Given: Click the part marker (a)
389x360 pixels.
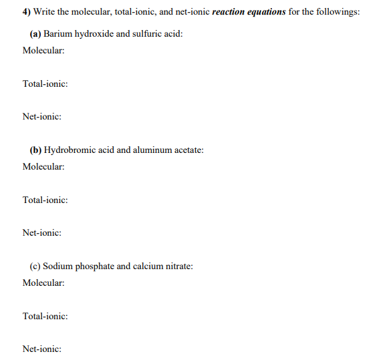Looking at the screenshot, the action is [x=35, y=33].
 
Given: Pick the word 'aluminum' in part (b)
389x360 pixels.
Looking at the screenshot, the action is [x=144, y=150].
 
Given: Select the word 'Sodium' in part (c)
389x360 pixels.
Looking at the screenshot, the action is [x=57, y=266].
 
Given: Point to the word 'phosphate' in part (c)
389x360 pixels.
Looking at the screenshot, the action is [x=94, y=266].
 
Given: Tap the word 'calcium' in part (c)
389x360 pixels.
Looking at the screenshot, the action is [x=148, y=266].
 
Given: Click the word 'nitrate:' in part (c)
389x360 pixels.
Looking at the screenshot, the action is [x=179, y=266].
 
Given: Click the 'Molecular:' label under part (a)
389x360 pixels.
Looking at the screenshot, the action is [x=43, y=50].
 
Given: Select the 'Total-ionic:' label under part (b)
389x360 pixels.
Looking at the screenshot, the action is [x=45, y=200].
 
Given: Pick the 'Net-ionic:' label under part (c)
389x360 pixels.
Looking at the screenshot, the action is [x=42, y=349].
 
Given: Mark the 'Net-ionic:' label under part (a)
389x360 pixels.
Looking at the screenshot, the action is [x=42, y=116].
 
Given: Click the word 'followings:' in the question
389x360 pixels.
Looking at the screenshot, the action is [x=338, y=13].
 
